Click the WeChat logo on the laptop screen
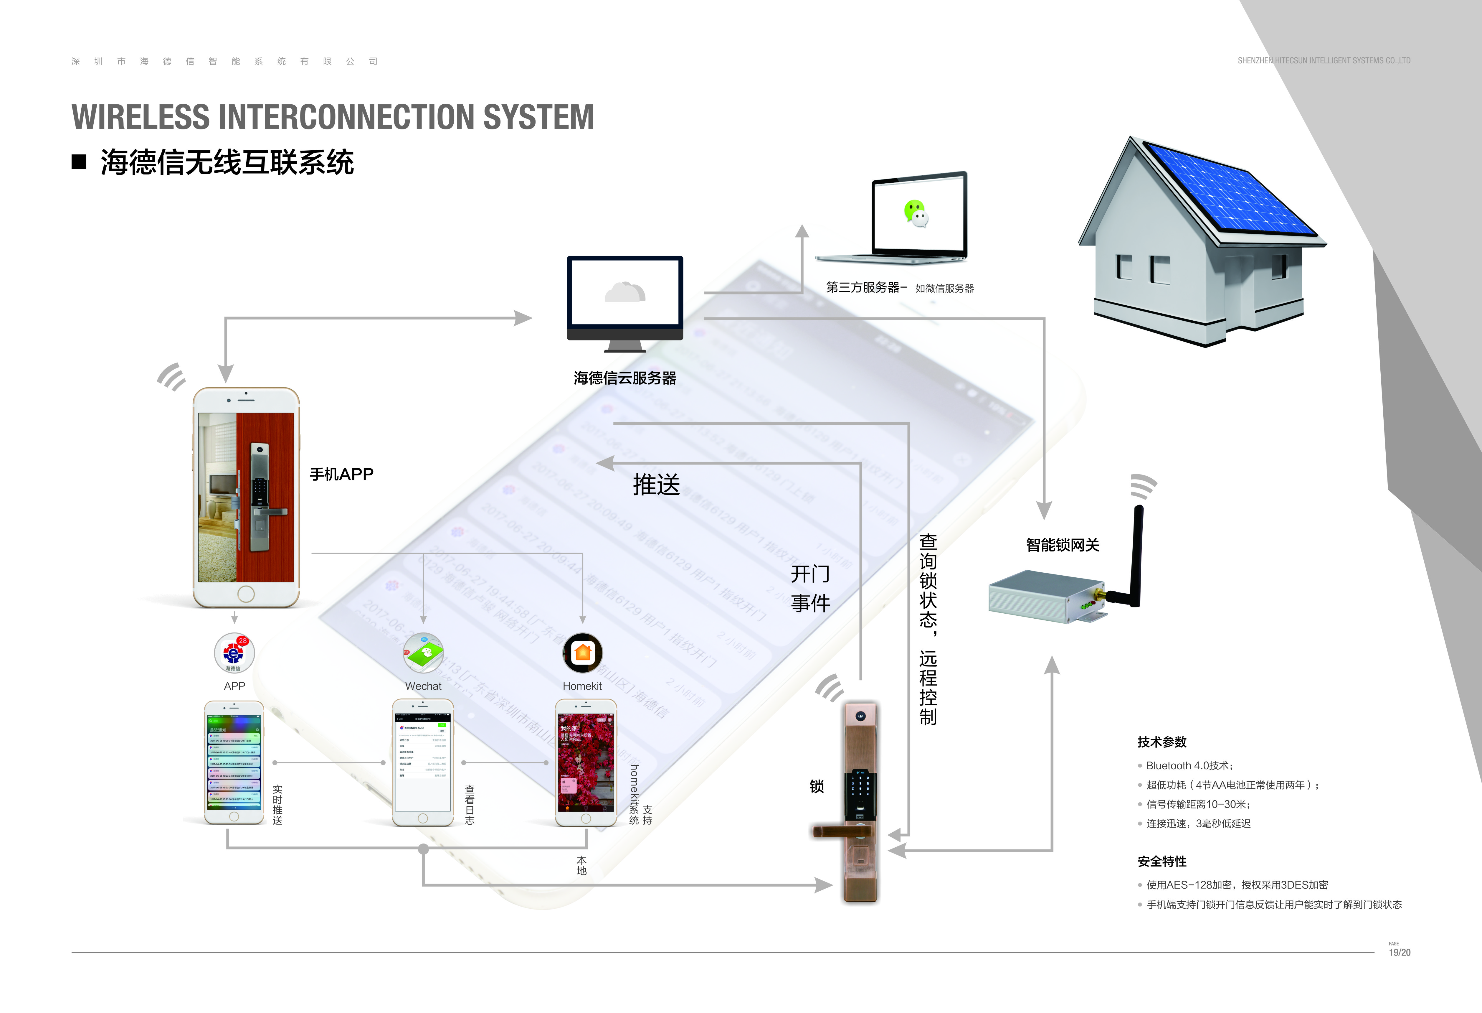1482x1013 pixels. [x=916, y=213]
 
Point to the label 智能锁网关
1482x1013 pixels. [x=1063, y=545]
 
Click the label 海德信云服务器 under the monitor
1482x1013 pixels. [x=624, y=378]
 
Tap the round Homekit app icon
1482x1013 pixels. [x=582, y=653]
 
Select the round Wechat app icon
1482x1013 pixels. [x=423, y=653]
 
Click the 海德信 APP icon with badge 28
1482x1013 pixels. [x=234, y=653]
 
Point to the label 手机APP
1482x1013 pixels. [x=341, y=474]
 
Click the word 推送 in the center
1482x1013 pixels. [x=656, y=485]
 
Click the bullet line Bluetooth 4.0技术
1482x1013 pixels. [x=1189, y=765]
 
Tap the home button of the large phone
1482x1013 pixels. [x=245, y=594]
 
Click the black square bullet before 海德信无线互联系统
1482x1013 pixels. [x=79, y=162]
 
